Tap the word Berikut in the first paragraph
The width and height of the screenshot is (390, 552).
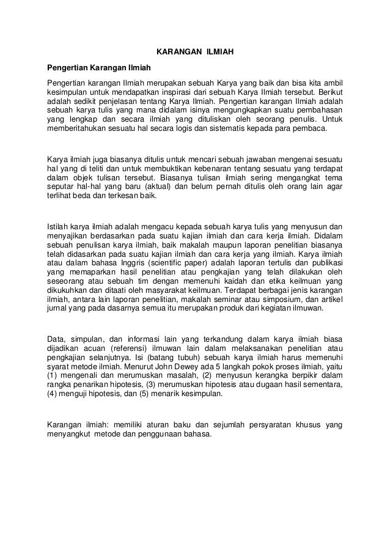coord(329,92)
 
